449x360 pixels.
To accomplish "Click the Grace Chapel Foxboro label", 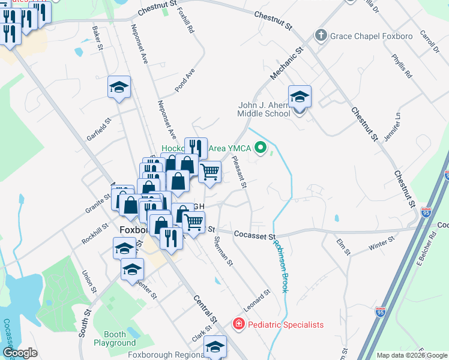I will [x=372, y=36].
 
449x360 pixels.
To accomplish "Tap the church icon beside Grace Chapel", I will [x=321, y=35].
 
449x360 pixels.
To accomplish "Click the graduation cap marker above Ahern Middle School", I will [x=300, y=96].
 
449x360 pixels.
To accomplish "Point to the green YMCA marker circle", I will [x=261, y=146].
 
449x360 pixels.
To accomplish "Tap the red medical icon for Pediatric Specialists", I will [x=238, y=325].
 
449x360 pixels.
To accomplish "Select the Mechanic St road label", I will [x=284, y=65].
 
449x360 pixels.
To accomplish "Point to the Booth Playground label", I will [x=115, y=338].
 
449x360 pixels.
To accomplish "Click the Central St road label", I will [x=205, y=305].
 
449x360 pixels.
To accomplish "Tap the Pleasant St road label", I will [x=240, y=173].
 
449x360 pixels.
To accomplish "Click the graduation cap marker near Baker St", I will [x=119, y=88].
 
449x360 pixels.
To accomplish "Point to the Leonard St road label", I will [x=257, y=299].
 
